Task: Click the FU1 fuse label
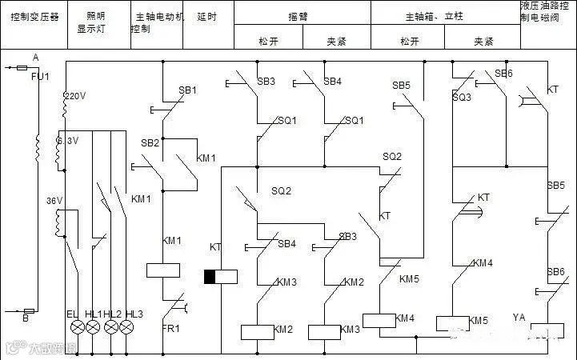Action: point(40,77)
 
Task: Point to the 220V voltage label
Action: point(74,95)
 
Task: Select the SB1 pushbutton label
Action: point(187,90)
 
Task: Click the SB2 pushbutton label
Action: point(150,142)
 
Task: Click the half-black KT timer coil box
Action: point(221,277)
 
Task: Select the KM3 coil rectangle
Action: point(323,331)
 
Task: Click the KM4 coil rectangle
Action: point(379,320)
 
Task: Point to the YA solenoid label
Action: point(519,318)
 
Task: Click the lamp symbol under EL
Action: point(78,328)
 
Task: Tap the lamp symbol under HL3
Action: point(126,328)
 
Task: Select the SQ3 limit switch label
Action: point(462,98)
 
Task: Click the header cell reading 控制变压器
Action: point(34,16)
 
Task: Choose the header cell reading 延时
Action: point(206,16)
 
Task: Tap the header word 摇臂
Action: point(299,16)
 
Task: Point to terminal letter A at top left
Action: point(36,57)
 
